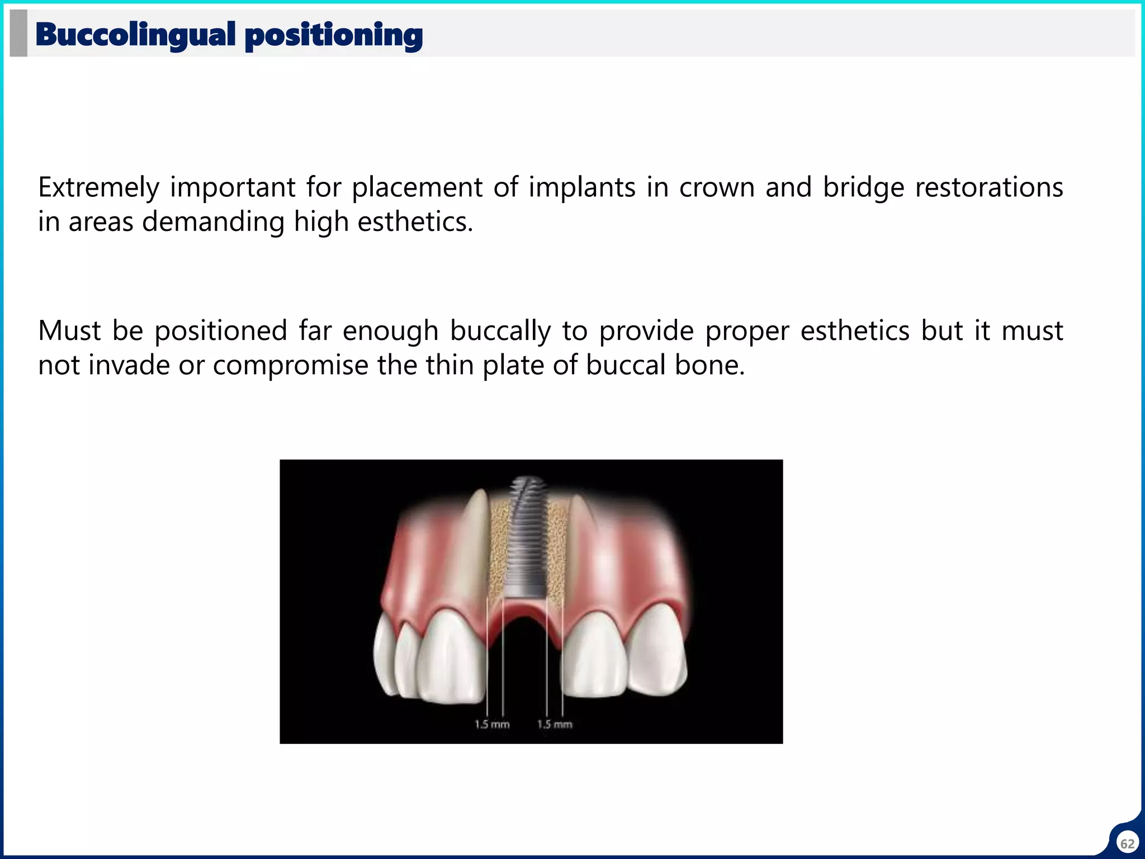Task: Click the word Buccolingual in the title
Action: coord(135,35)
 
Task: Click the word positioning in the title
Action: coord(334,36)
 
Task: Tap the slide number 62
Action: coord(1127,844)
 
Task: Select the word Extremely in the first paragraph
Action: coord(98,188)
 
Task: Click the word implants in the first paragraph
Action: coord(582,188)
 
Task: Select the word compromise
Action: coord(290,366)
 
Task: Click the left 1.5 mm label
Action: coord(492,725)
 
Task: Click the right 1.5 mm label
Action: coord(555,725)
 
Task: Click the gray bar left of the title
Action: coord(18,34)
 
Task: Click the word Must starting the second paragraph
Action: coord(69,331)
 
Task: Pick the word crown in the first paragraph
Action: coord(717,188)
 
